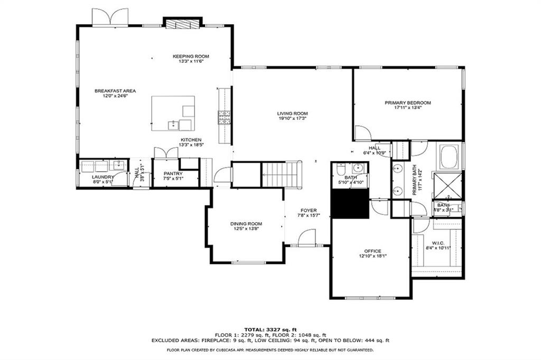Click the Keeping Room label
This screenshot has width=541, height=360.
tap(191, 56)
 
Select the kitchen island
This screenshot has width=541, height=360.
tap(173, 113)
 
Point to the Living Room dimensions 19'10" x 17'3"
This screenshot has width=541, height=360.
tap(292, 119)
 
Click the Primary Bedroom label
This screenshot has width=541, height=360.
tap(407, 103)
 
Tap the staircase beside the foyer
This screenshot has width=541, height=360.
tap(282, 175)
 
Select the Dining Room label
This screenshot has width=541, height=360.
tap(246, 224)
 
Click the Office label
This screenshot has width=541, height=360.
tap(372, 251)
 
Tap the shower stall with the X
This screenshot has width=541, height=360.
tap(447, 184)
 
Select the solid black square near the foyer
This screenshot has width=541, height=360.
tap(350, 204)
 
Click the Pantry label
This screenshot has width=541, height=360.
tap(173, 174)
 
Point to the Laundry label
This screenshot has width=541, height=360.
tap(102, 177)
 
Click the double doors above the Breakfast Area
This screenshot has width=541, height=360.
tap(110, 17)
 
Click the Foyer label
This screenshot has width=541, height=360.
tap(309, 210)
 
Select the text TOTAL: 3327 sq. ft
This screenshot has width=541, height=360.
tap(270, 329)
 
